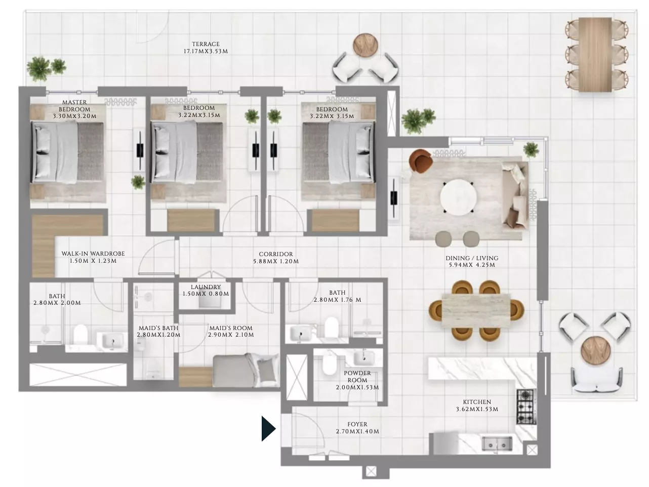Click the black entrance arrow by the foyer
(x=268, y=428)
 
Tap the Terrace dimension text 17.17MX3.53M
(x=206, y=51)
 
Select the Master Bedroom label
(x=74, y=106)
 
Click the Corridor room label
(x=276, y=254)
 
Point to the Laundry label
(x=206, y=287)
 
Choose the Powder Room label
(x=357, y=377)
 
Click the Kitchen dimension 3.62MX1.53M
(x=477, y=409)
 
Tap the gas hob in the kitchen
(x=526, y=407)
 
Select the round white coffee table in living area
(x=458, y=197)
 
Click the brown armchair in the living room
(x=420, y=161)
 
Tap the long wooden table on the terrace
(x=595, y=54)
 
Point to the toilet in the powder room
(x=328, y=364)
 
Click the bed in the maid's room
(x=246, y=370)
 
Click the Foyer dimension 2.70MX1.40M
(x=357, y=431)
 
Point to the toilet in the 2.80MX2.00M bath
(x=80, y=335)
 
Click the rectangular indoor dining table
(x=476, y=310)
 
